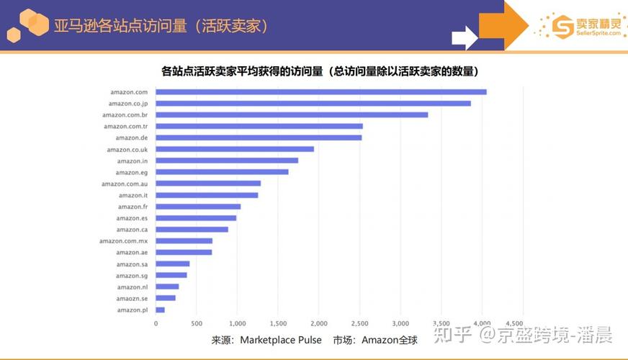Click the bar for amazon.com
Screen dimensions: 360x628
(321, 91)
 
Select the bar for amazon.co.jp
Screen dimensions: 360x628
(313, 103)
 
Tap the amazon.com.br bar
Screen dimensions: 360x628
(292, 114)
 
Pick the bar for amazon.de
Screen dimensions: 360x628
(259, 138)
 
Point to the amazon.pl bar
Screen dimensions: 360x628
(160, 310)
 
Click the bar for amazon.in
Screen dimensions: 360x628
(227, 161)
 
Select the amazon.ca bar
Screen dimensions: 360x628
(192, 230)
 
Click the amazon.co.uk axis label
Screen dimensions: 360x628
(127, 149)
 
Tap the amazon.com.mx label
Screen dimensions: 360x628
(123, 241)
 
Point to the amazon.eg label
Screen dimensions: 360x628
(131, 172)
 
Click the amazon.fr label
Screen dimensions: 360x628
(133, 207)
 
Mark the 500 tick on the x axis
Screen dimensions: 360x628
(197, 323)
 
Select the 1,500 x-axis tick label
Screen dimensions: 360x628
(278, 323)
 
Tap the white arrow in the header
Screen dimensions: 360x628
(465, 36)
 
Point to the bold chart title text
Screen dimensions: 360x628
(320, 71)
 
